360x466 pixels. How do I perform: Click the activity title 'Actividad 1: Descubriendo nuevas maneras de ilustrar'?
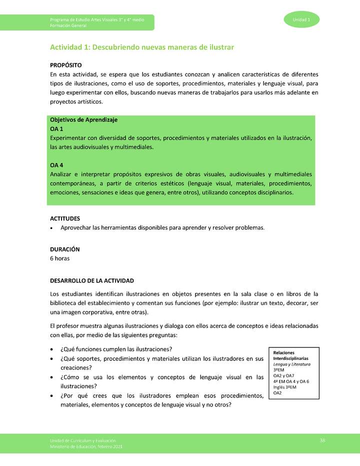142,47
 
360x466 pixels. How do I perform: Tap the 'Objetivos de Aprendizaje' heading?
83,120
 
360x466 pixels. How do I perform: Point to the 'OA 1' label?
56,129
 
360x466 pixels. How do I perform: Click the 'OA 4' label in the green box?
56,165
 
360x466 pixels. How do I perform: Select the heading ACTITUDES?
65,218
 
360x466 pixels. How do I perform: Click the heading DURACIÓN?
65,249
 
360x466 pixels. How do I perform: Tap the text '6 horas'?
60,258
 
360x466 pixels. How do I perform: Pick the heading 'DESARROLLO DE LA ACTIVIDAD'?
92,280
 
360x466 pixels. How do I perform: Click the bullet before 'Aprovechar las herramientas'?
52,228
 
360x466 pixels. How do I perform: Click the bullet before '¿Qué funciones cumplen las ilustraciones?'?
52,349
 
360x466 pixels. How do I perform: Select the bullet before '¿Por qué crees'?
52,396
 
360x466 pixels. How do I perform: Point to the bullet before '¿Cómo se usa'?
52,377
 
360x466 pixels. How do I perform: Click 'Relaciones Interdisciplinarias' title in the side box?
290,355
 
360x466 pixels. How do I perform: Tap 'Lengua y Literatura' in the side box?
291,364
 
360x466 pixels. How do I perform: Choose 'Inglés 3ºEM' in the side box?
284,387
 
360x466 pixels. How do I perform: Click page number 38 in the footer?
322,440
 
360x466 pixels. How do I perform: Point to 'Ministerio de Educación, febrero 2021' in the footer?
86,445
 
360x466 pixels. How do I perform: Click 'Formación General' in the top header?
68,25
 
